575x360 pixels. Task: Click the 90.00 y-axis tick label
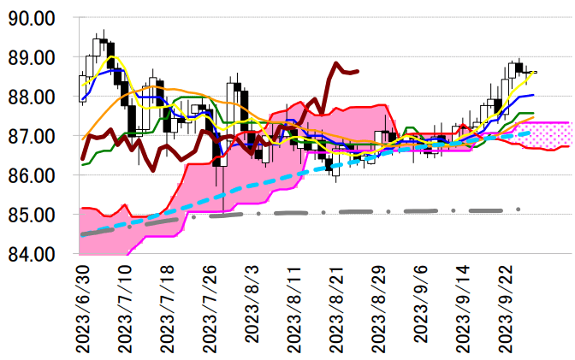[31, 18]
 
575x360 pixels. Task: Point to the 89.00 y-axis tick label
[31, 57]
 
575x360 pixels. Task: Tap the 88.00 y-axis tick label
[31, 97]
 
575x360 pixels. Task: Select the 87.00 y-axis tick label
[31, 136]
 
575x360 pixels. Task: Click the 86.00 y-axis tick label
[31, 175]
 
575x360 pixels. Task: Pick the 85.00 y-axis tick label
[31, 215]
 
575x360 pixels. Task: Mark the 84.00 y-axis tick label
[31, 254]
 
